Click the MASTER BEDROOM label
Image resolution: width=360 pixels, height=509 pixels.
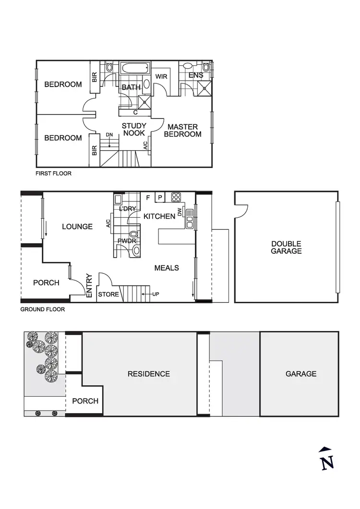[x=182, y=130]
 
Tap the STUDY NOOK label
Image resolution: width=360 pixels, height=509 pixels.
[x=134, y=130]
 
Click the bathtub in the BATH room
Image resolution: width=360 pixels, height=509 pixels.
[x=134, y=69]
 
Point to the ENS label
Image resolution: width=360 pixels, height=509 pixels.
[x=195, y=75]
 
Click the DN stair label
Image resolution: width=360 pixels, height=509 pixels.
[x=109, y=134]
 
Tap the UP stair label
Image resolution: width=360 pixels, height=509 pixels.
[x=156, y=294]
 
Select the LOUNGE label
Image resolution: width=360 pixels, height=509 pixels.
[x=77, y=226]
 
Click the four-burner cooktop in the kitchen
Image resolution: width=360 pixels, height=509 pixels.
[x=176, y=197]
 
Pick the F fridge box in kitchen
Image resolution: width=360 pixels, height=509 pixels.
[x=148, y=197]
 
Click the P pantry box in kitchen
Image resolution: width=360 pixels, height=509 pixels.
[x=160, y=197]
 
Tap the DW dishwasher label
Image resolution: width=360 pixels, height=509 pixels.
[x=180, y=212]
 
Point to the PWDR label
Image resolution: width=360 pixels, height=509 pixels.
[x=127, y=240]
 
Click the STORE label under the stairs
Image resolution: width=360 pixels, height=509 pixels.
[x=108, y=294]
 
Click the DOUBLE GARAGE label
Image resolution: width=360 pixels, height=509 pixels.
[x=286, y=247]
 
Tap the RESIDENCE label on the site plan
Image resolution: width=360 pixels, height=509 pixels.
[x=149, y=374]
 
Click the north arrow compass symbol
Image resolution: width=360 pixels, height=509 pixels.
[x=326, y=458]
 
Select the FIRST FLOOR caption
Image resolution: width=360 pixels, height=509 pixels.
[x=53, y=173]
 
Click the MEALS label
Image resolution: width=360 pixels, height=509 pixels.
[x=167, y=268]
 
